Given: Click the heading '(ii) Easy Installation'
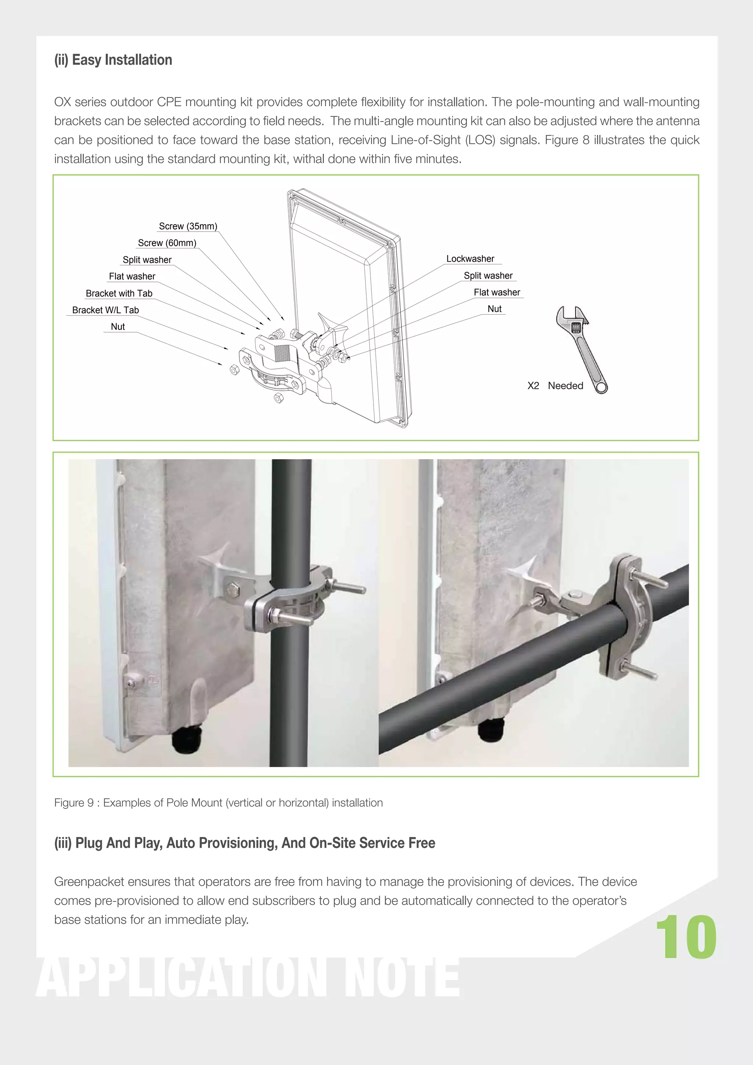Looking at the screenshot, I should (113, 60).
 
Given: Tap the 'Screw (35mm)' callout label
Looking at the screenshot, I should (188, 226).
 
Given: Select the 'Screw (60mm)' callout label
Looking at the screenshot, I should (167, 243).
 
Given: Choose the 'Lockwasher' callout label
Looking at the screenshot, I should (470, 259).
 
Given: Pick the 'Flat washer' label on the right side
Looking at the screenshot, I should (496, 293).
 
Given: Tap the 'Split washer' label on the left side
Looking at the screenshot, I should (147, 260).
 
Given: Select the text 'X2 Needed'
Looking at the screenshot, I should (555, 386).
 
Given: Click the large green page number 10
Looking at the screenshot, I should (686, 937).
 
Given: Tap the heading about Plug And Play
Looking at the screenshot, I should (245, 843).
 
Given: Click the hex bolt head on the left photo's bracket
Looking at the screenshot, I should (232, 590).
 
